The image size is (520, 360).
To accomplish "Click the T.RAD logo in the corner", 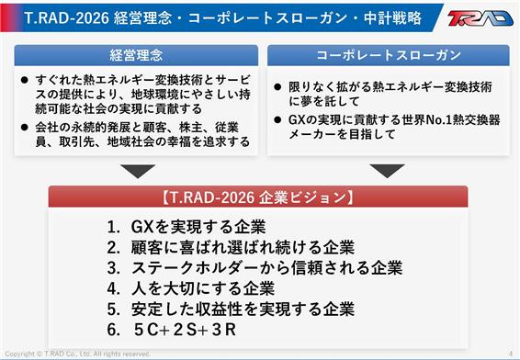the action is click(x=480, y=17).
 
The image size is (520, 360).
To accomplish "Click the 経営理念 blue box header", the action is click(x=136, y=55).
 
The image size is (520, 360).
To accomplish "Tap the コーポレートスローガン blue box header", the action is click(x=389, y=55).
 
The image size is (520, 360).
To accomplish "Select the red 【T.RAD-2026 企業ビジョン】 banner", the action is click(x=258, y=197).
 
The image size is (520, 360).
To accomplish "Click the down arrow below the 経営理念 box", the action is click(x=138, y=171).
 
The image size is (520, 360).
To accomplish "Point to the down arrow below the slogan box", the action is click(x=387, y=171).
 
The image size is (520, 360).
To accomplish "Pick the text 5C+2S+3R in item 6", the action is click(x=185, y=330).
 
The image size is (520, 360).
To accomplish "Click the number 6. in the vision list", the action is click(x=113, y=330).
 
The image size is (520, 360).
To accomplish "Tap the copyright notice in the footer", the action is click(x=77, y=354).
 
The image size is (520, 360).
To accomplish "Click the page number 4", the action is click(x=511, y=353).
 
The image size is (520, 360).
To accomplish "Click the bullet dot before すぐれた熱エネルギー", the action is click(x=24, y=80).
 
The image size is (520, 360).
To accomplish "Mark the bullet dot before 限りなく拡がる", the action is click(x=277, y=87).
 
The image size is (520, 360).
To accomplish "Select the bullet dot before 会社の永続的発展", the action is click(x=24, y=128).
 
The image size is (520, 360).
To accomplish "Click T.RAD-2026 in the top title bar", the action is click(x=67, y=17).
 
